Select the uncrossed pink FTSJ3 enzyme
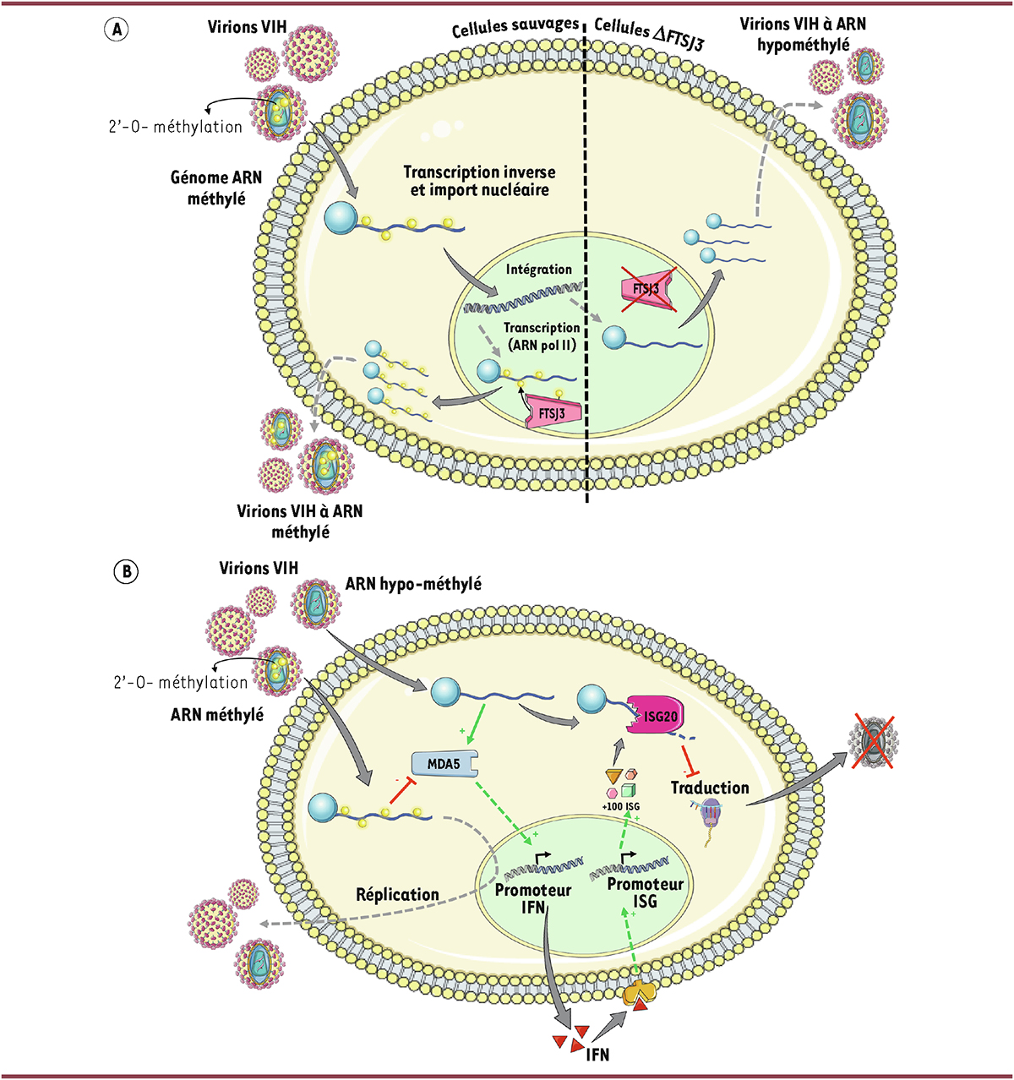click(554, 412)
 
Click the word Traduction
click(710, 788)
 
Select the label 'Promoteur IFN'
click(532, 899)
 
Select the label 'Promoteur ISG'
click(646, 892)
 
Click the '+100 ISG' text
click(621, 807)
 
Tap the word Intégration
click(539, 270)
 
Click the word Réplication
click(397, 894)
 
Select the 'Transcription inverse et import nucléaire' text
click(480, 181)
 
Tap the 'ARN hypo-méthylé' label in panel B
click(413, 583)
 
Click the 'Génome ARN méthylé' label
click(216, 188)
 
